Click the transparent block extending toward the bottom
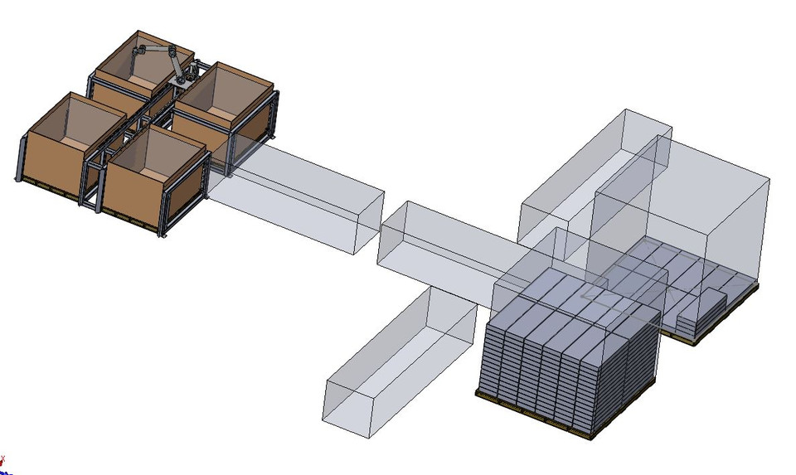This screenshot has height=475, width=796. pyautogui.click(x=398, y=365)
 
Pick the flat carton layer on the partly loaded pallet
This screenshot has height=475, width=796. pyautogui.click(x=663, y=274)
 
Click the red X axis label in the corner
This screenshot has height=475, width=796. pyautogui.click(x=2, y=458)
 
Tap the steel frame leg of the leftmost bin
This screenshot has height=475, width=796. pyautogui.click(x=17, y=166)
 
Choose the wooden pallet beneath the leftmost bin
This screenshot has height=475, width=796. pyautogui.click(x=50, y=188)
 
